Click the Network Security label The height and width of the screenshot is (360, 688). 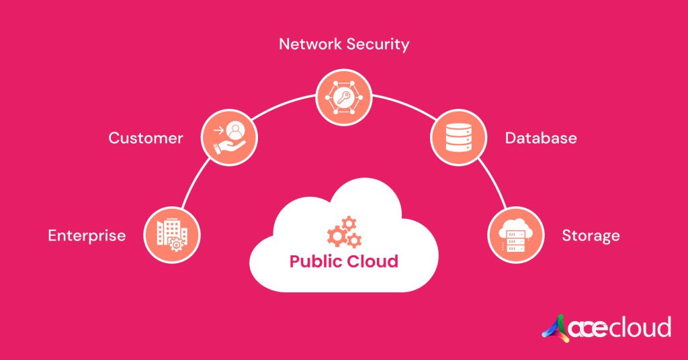tap(343, 45)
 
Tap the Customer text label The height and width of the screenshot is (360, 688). tap(146, 138)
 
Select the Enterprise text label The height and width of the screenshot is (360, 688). tap(87, 235)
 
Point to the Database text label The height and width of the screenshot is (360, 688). tap(541, 138)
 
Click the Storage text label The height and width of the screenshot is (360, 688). tap(591, 236)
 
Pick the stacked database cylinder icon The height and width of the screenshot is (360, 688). tap(457, 139)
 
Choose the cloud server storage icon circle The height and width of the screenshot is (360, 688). tap(516, 234)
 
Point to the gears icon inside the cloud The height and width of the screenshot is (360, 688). tap(344, 232)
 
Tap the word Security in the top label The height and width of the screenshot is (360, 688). tap(378, 45)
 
